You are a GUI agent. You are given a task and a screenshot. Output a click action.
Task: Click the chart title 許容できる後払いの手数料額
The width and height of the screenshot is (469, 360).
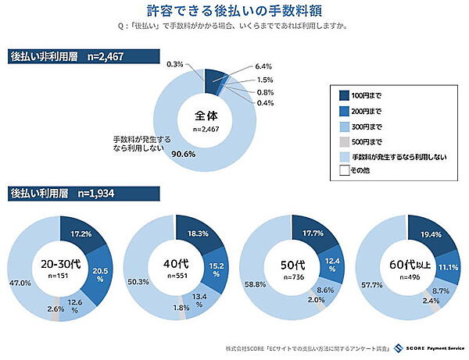point(234,11)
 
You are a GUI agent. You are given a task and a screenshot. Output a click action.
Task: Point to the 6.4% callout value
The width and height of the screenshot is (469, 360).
point(263,67)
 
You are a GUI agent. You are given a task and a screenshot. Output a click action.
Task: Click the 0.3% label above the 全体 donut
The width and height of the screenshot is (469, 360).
point(175,64)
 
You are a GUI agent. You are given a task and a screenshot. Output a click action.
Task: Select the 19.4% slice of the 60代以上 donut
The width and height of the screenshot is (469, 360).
point(428,234)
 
